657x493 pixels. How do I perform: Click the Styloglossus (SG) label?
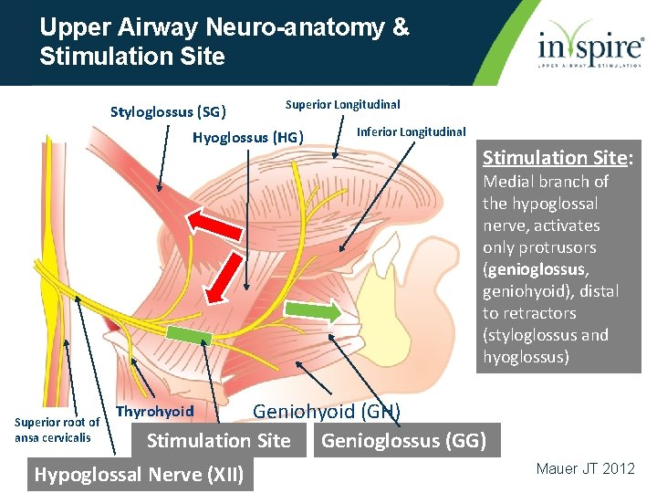click(168, 112)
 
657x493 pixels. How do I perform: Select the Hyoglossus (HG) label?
click(247, 138)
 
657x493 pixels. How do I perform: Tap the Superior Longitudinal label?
click(342, 105)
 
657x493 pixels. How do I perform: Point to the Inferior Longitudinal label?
click(411, 132)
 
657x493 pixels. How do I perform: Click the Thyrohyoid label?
click(155, 411)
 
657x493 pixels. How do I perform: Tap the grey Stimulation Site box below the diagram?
click(219, 442)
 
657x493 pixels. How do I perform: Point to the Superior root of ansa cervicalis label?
click(57, 429)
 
